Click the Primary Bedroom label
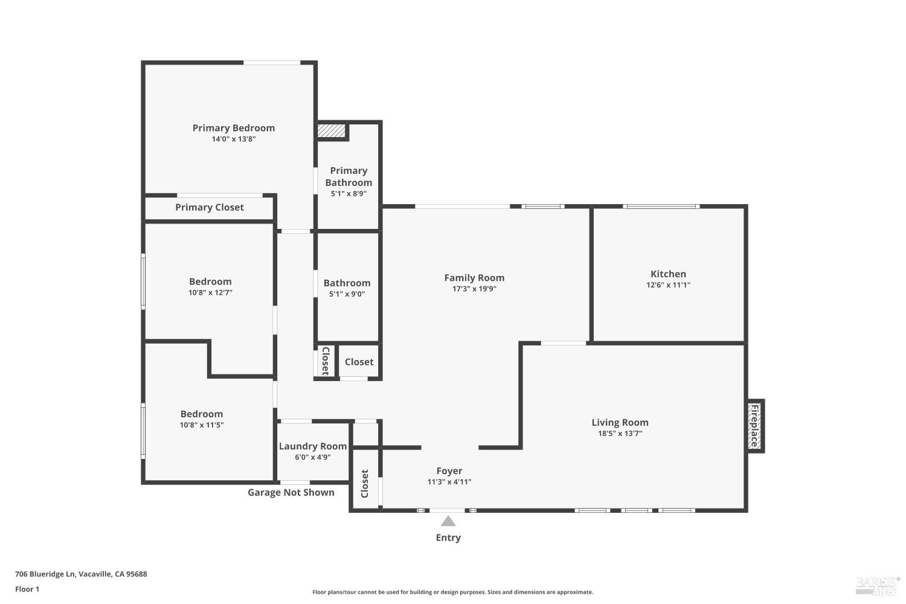click(233, 128)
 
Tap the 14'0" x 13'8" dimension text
click(233, 139)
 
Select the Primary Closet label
click(210, 207)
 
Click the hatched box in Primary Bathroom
click(331, 130)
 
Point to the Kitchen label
click(668, 274)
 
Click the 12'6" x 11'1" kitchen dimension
click(668, 285)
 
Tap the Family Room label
click(474, 278)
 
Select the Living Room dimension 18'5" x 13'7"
click(620, 434)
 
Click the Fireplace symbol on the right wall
click(754, 426)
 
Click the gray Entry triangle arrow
click(448, 521)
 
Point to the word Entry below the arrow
click(448, 538)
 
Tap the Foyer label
click(449, 471)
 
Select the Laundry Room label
click(313, 446)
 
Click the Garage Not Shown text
click(291, 492)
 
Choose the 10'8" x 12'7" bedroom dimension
click(210, 292)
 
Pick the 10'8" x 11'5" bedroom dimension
click(202, 425)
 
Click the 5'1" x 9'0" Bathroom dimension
click(347, 294)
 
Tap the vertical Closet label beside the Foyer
click(365, 484)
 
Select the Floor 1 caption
click(27, 589)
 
